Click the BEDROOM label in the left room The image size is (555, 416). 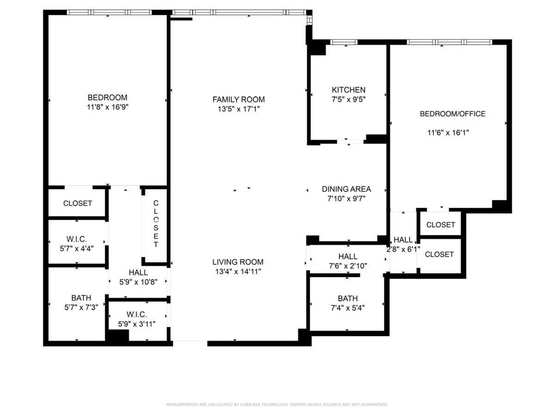click(x=107, y=98)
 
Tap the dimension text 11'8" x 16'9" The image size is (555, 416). click(x=107, y=107)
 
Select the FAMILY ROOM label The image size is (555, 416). click(x=239, y=99)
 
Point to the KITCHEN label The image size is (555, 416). click(x=349, y=90)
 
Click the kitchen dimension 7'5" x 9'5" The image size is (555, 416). click(x=349, y=99)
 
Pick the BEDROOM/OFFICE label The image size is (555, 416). click(x=452, y=114)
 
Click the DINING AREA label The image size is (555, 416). click(x=346, y=189)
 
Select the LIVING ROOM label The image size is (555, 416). click(x=239, y=262)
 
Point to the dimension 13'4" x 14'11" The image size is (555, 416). click(x=239, y=271)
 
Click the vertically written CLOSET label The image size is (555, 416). click(x=156, y=224)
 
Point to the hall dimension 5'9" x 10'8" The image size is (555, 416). click(x=138, y=282)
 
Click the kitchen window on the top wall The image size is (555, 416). click(x=344, y=42)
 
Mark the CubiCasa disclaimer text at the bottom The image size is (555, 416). click(x=277, y=404)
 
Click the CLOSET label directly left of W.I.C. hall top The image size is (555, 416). click(x=78, y=203)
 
